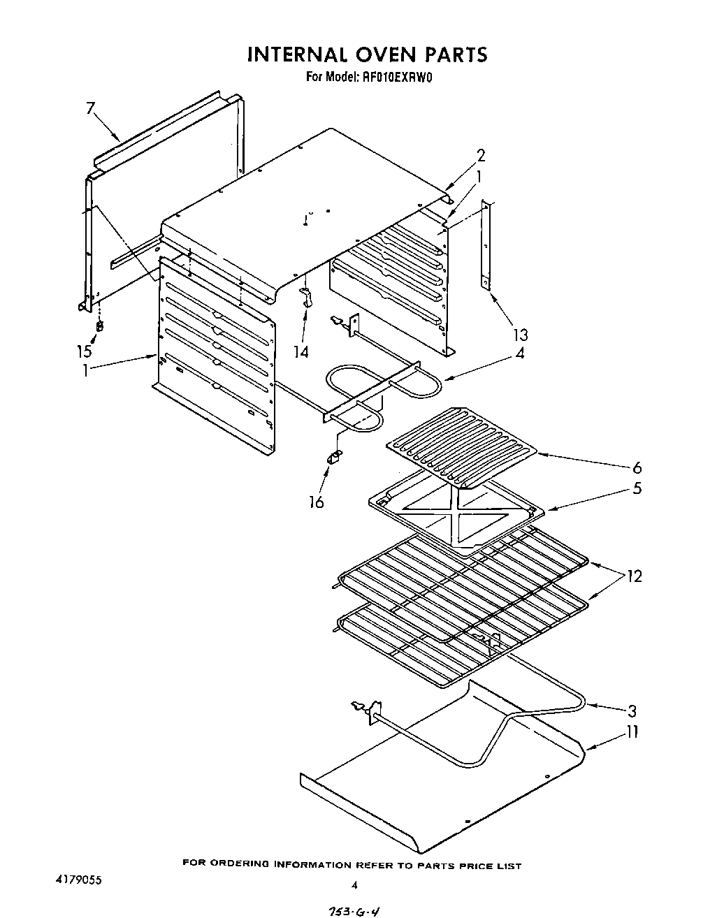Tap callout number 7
click(x=90, y=108)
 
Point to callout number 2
click(x=481, y=155)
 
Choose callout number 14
click(x=301, y=351)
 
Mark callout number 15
click(x=84, y=351)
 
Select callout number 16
click(x=317, y=502)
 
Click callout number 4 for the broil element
click(x=519, y=354)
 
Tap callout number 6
click(x=636, y=467)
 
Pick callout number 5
click(x=637, y=488)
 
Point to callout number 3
click(x=632, y=711)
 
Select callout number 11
click(x=632, y=732)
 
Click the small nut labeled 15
click(x=100, y=326)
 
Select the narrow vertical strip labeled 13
click(x=486, y=245)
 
